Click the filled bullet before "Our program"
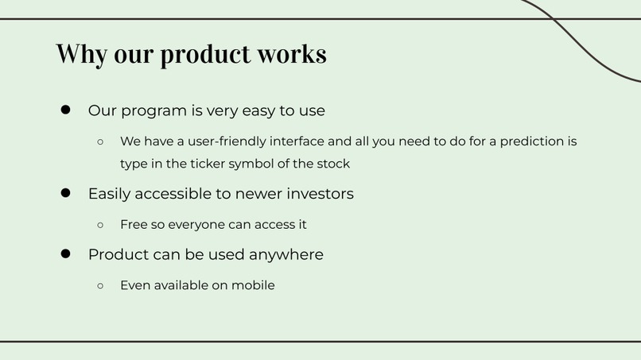click(67, 110)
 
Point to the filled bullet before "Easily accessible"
click(67, 193)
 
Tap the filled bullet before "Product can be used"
click(67, 254)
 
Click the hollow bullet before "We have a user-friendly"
click(100, 142)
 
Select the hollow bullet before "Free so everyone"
click(100, 225)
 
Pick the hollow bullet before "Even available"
click(100, 285)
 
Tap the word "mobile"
click(253, 285)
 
